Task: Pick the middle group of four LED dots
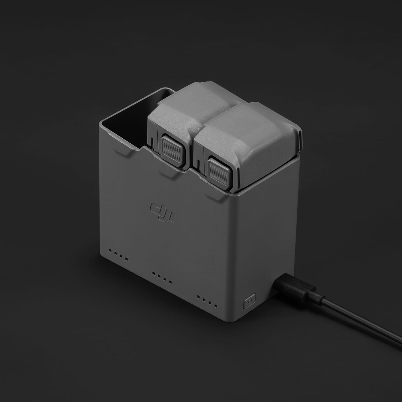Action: tap(162, 278)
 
